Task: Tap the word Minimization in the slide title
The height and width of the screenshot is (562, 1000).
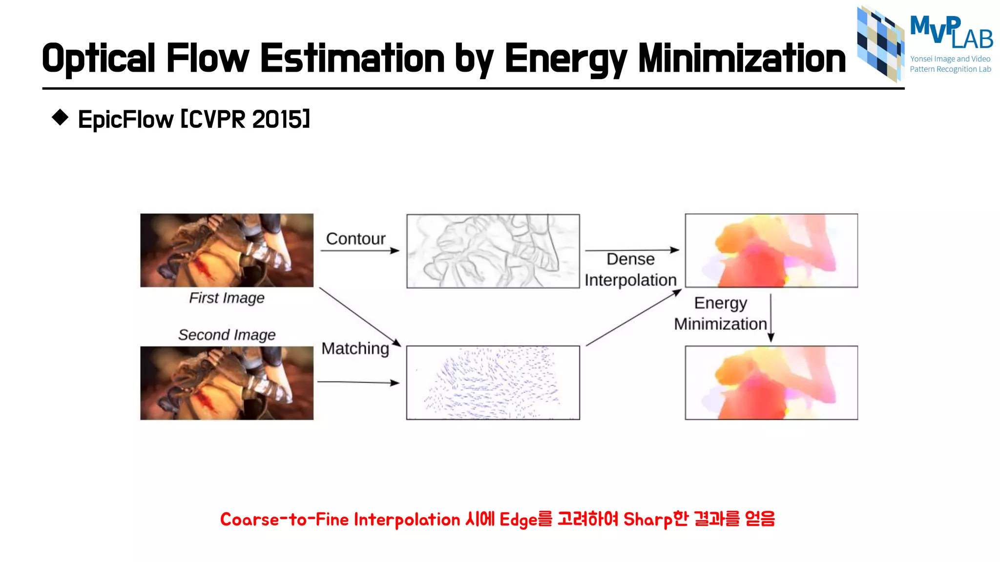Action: (x=742, y=59)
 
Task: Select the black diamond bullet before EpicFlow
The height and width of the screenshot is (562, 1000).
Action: (x=60, y=118)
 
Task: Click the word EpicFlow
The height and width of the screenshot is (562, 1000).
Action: (x=125, y=120)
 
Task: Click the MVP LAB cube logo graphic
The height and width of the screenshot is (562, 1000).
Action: (x=880, y=43)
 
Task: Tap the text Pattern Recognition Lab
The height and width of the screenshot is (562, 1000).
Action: (x=950, y=69)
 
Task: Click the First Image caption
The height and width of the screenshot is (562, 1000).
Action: (x=227, y=298)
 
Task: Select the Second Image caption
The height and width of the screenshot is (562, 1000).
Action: (x=227, y=335)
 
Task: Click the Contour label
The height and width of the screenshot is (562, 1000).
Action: (x=355, y=239)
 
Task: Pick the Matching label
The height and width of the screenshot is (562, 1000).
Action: (x=355, y=348)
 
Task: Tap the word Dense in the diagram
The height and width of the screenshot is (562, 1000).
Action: (x=630, y=259)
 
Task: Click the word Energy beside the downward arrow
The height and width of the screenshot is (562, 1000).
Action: (x=720, y=303)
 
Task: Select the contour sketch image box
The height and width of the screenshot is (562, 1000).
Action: (x=493, y=251)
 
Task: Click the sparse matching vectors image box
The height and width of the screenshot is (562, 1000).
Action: (x=493, y=382)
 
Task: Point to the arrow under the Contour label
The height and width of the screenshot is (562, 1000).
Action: (x=359, y=251)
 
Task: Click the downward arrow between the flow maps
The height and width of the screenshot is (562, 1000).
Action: (x=771, y=318)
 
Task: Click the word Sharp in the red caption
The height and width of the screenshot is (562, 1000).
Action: (x=647, y=520)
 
